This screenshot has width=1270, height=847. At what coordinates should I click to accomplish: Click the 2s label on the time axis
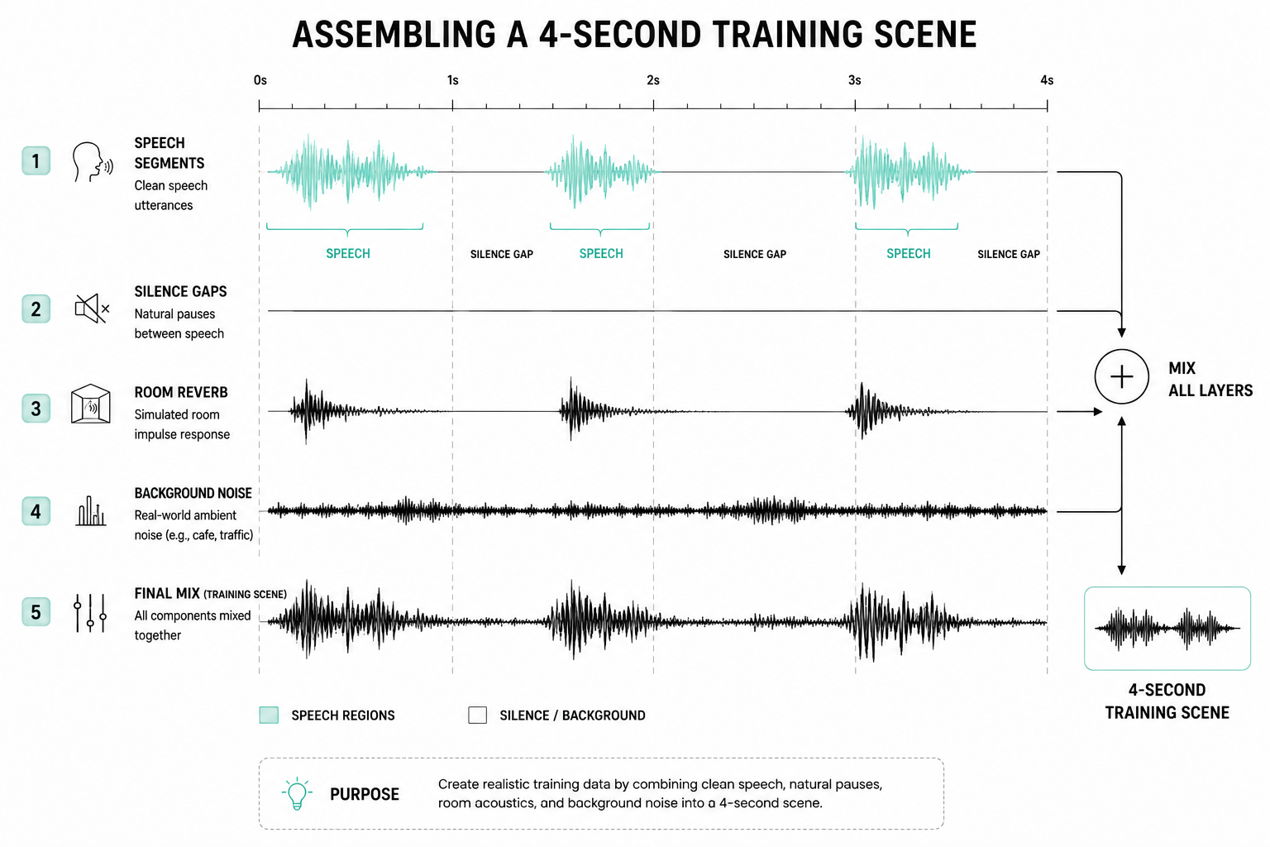653,80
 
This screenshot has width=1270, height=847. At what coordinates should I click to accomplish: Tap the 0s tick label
260,80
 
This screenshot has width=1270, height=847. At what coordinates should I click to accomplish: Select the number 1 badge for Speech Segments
36,160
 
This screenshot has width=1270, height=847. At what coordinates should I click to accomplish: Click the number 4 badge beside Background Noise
36,511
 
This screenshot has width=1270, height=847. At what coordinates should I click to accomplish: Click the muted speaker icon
92,309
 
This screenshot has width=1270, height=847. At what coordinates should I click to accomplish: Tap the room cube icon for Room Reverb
91,404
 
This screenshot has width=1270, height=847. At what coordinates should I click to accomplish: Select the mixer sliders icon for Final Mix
90,613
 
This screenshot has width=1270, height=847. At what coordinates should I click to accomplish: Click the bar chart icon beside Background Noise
91,510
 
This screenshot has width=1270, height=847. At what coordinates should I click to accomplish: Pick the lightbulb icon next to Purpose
297,794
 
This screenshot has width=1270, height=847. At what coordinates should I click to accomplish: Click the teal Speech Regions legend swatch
269,715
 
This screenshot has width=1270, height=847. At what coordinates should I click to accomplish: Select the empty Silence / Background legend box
477,715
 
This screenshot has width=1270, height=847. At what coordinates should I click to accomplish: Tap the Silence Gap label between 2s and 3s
755,254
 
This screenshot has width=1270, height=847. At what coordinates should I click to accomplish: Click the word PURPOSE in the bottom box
365,794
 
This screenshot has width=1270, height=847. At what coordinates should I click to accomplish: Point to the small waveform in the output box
1167,628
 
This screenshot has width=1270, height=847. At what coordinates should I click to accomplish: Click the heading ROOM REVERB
181,392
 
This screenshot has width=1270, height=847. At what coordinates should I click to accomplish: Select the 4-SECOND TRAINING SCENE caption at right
1167,701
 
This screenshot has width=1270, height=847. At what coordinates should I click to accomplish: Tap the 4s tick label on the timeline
1047,80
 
